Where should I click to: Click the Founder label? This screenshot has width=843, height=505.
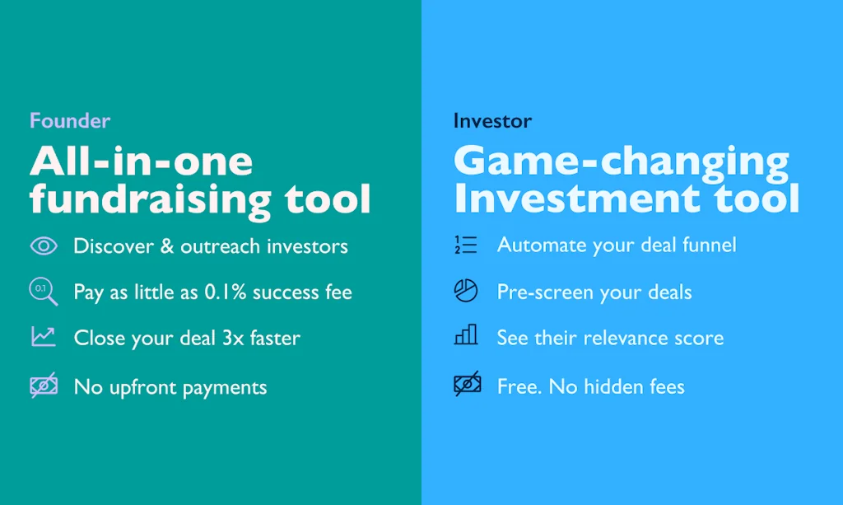(70, 120)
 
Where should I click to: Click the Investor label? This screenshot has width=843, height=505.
(492, 120)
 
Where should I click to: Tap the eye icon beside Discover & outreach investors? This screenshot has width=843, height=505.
(44, 246)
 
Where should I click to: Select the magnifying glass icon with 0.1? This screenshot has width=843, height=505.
(44, 292)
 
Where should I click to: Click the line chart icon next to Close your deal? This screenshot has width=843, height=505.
(44, 337)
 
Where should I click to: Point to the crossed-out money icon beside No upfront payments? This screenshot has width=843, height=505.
(44, 385)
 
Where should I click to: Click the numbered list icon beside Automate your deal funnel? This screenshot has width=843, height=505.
(466, 245)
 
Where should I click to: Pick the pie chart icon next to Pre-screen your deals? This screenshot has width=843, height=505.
(466, 291)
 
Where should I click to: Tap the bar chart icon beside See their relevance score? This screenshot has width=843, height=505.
(466, 334)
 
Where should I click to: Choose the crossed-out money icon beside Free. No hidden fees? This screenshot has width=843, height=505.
(468, 383)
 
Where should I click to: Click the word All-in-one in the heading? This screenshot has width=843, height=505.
(142, 161)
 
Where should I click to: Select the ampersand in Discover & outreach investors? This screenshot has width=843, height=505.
(167, 246)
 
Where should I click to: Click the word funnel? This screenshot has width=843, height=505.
(709, 245)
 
